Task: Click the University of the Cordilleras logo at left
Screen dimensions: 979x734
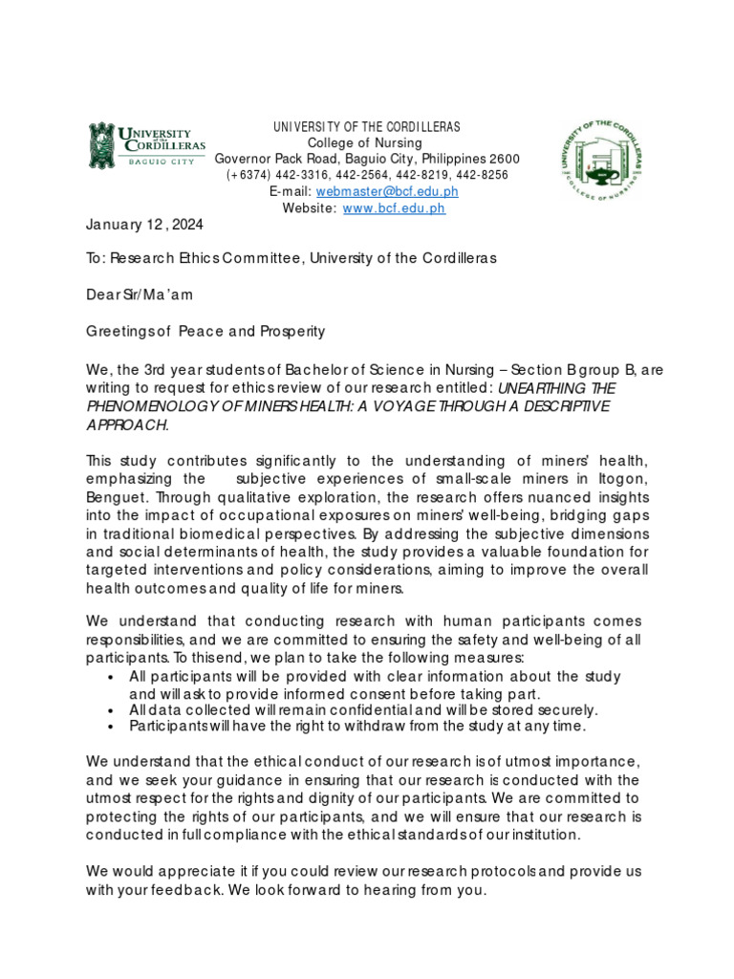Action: [x=146, y=144]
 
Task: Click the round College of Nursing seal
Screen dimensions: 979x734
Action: [x=601, y=163]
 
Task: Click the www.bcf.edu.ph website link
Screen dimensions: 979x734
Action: [x=394, y=207]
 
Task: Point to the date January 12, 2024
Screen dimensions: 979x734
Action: [x=144, y=225]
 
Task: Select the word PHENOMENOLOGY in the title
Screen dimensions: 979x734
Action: [x=156, y=406]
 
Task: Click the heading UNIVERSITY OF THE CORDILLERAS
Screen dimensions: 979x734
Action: [x=367, y=127]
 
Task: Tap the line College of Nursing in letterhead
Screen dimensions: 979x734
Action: [x=367, y=142]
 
